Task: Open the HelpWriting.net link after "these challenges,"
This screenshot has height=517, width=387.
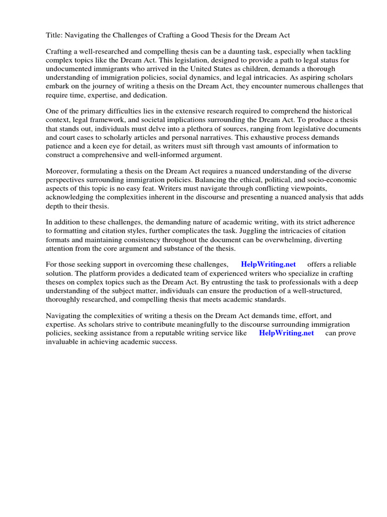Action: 268,265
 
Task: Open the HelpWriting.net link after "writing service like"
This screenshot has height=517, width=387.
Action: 286,333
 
